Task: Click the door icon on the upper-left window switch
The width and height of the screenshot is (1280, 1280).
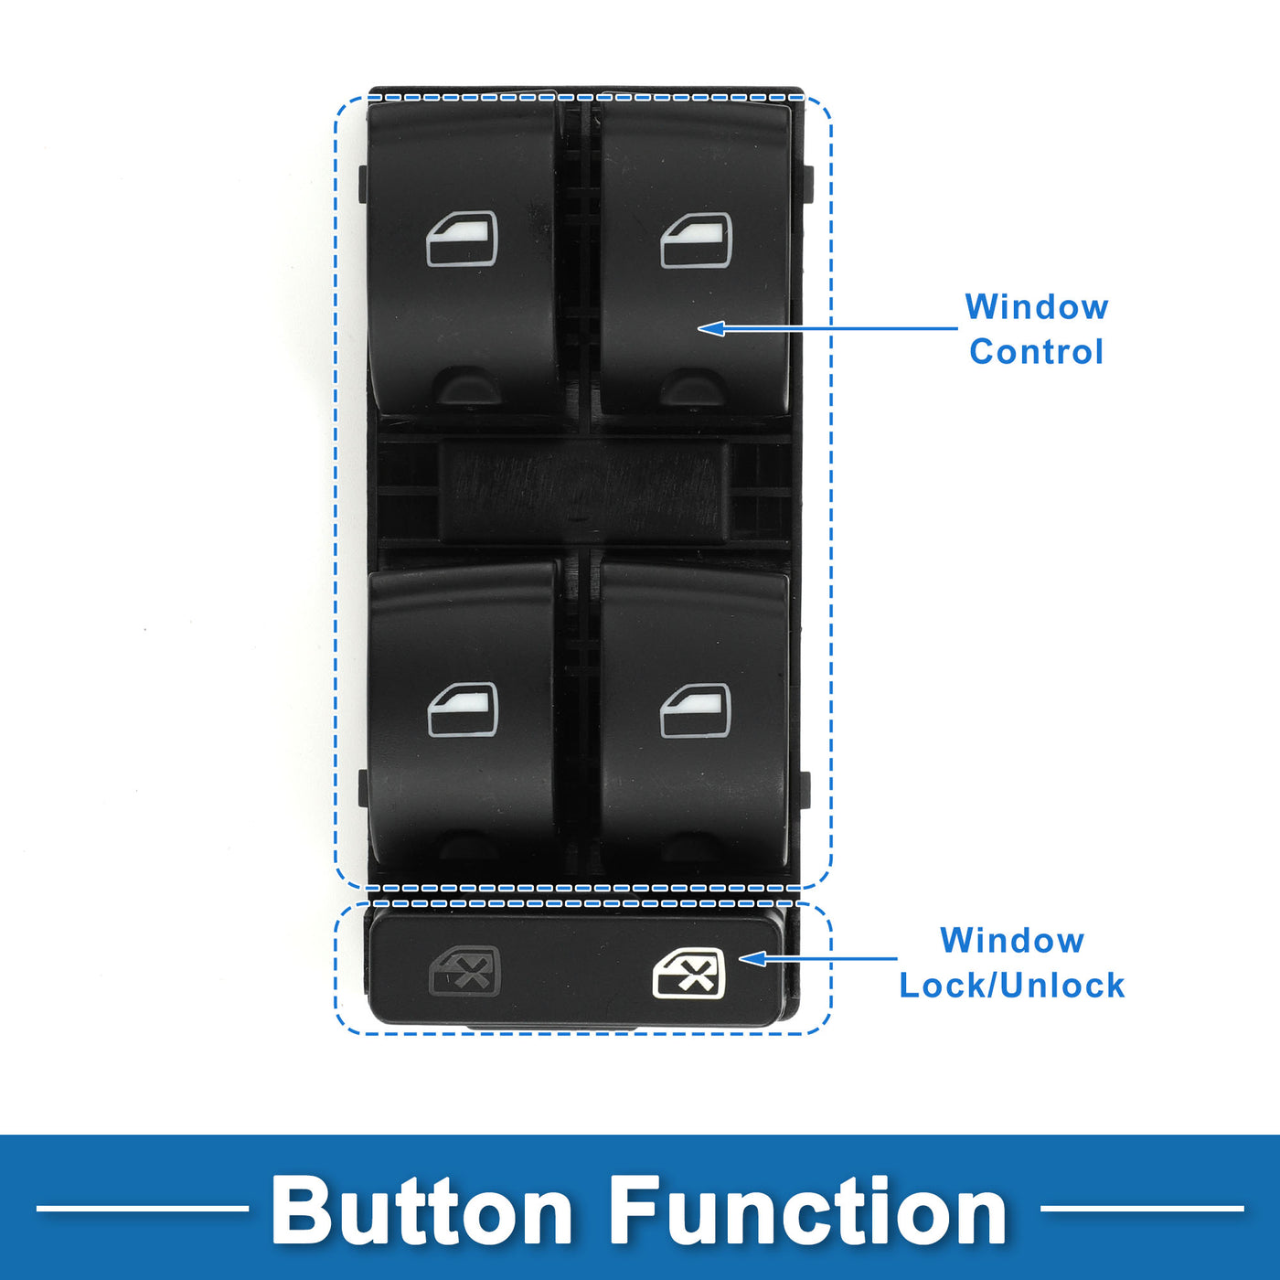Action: pos(462,240)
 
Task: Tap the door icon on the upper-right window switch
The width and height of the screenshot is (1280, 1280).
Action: pos(696,240)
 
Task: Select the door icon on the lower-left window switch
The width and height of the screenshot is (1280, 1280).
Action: pos(463,709)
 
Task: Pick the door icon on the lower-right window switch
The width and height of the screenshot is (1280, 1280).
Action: pos(696,710)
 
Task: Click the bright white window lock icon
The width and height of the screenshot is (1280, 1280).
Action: pos(689,974)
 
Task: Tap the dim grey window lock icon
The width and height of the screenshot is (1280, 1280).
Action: pos(465,972)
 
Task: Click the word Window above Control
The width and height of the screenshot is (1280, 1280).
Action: pos(1037,307)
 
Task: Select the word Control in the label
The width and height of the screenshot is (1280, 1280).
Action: pos(1037,352)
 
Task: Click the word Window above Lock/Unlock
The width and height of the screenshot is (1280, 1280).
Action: pos(1012,941)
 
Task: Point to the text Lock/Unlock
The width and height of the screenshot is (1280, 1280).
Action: pos(1012,986)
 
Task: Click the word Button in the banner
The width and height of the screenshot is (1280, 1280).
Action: pos(421,1211)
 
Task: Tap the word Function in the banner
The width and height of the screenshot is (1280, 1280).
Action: pos(808,1211)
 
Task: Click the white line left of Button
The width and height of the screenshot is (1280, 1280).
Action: pos(142,1209)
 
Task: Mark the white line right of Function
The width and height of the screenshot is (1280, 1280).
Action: pos(1142,1209)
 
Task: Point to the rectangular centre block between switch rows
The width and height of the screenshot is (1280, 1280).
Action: pos(585,491)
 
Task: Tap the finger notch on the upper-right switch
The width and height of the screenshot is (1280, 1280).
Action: pos(694,388)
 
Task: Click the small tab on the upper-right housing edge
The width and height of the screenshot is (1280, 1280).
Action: pos(807,183)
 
